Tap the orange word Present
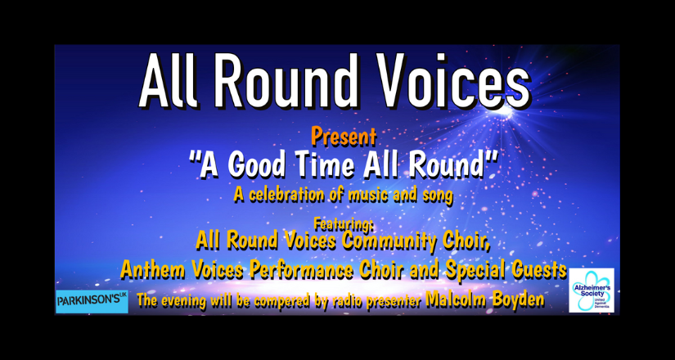[x=344, y=137]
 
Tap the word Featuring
[x=344, y=223]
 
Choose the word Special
[x=471, y=269]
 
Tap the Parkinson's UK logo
[x=92, y=301]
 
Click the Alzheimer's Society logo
[x=592, y=290]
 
